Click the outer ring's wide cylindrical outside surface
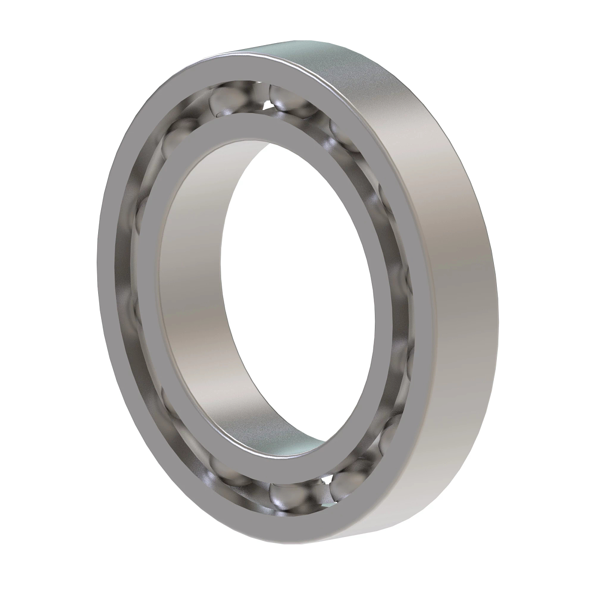coord(436,248)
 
